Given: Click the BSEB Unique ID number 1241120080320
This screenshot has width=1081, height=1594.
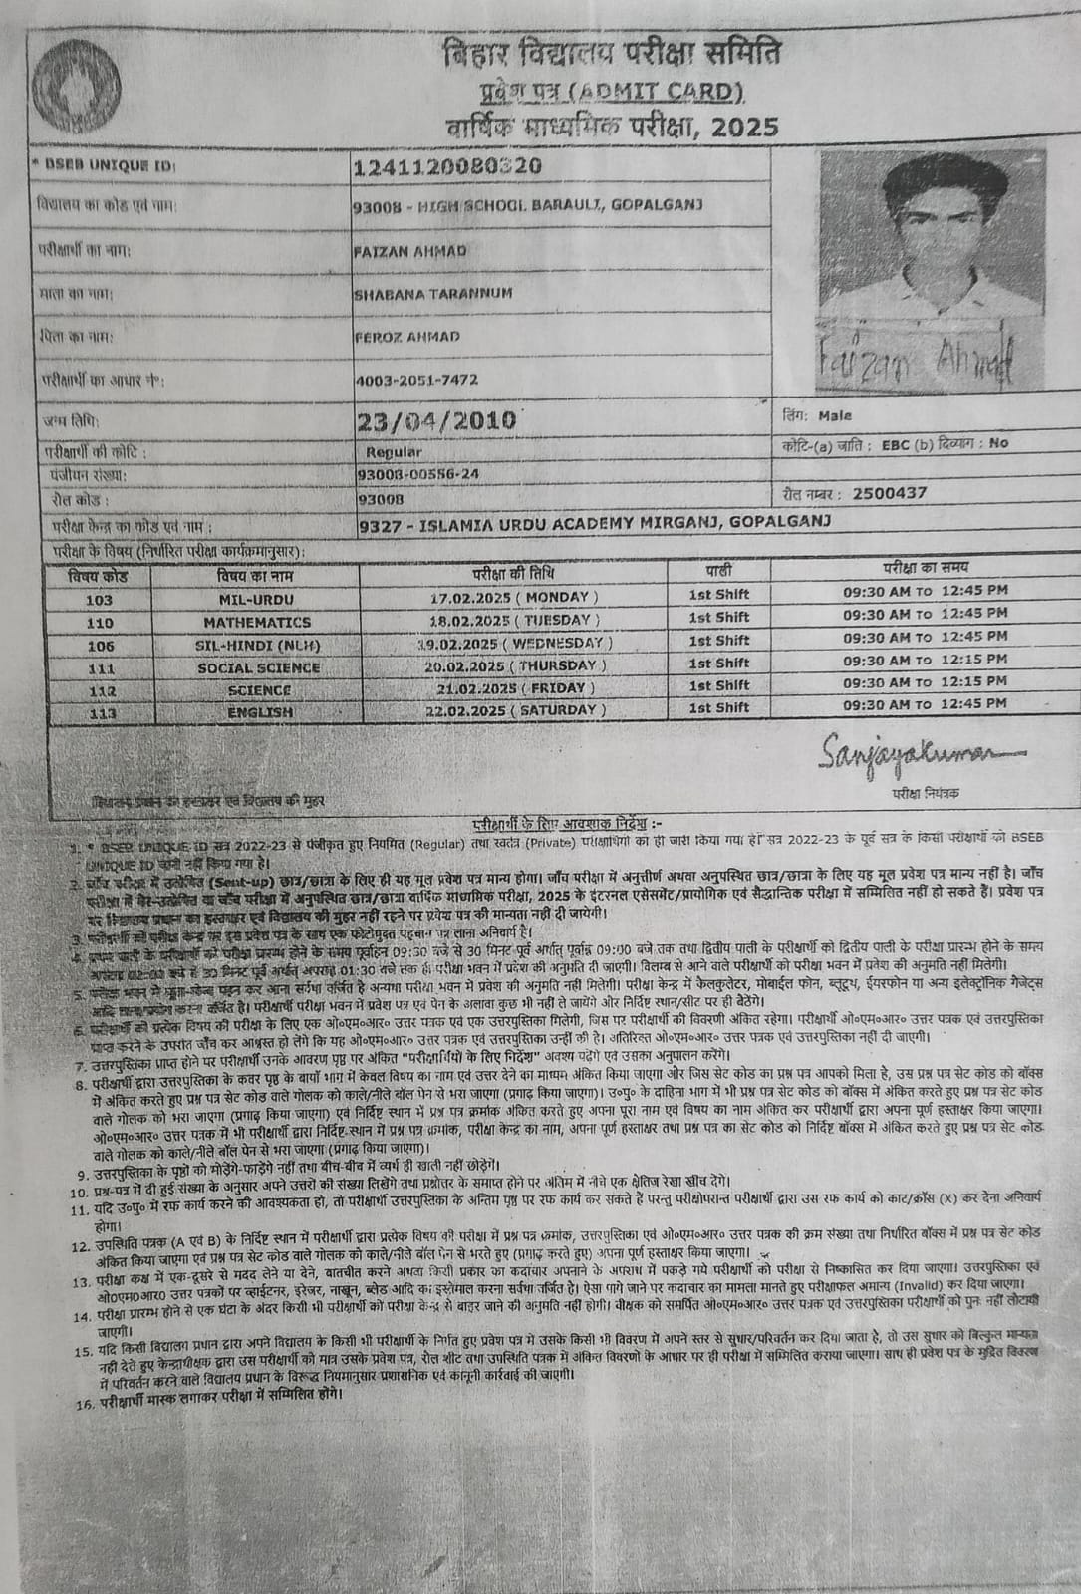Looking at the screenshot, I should [x=447, y=165].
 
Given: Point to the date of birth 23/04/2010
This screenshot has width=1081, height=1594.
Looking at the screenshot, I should [x=435, y=419].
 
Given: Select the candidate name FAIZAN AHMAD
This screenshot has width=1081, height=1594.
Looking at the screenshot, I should [x=409, y=251].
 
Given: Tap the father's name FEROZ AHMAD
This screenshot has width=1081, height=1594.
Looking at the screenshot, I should [x=406, y=336].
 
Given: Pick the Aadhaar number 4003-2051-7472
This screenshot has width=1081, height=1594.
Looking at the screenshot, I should [x=416, y=379].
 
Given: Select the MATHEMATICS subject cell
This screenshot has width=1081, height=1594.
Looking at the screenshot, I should [x=257, y=622].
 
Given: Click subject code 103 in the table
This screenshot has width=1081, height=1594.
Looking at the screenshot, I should [x=100, y=600].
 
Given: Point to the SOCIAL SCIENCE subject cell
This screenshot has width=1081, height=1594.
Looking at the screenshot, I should [x=258, y=667].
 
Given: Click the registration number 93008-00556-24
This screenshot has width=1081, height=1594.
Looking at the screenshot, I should [x=416, y=474].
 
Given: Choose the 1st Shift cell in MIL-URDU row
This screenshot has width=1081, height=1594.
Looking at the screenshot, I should [x=718, y=595].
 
